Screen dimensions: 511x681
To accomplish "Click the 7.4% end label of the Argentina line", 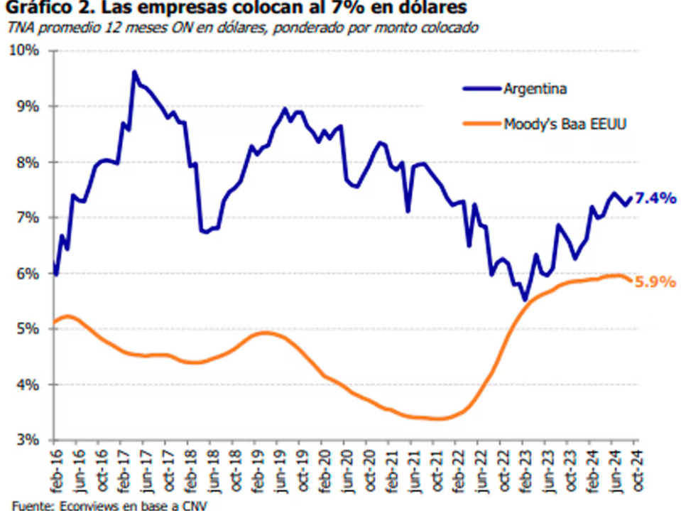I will [654, 199].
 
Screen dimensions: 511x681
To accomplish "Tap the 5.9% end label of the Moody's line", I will [654, 281].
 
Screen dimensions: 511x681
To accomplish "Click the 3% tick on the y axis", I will [28, 440].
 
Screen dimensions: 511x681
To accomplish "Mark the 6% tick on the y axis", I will [28, 274].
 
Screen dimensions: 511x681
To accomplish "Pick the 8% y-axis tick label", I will [28, 162].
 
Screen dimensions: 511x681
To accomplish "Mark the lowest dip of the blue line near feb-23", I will [525, 300].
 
